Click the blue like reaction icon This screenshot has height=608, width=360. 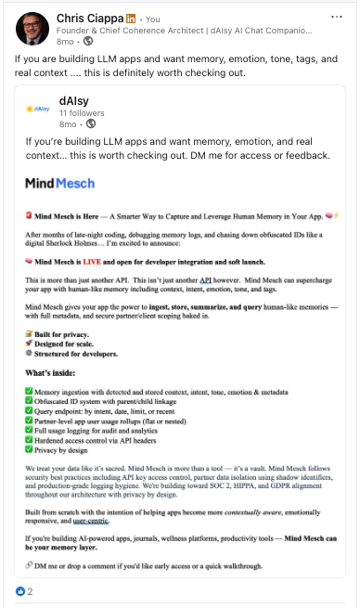point(19,591)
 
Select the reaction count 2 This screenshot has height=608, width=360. point(30,591)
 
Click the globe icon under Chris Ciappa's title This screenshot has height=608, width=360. point(87,43)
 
